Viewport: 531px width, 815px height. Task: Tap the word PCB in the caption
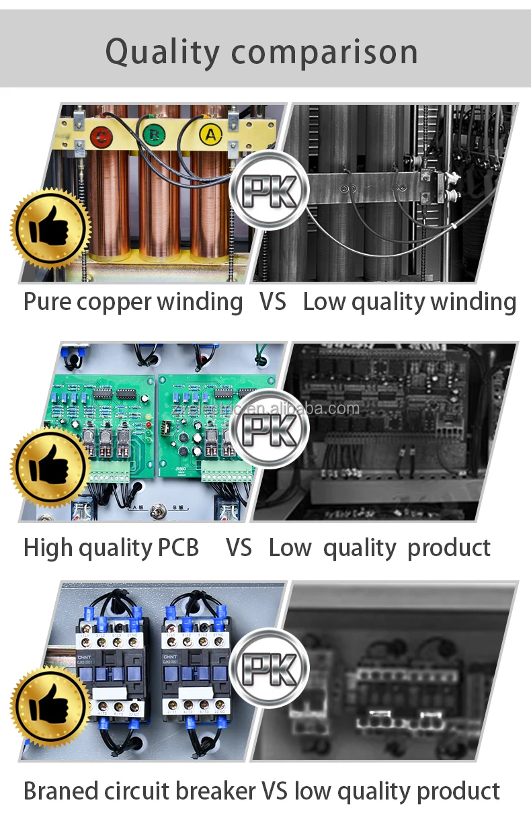coord(177,547)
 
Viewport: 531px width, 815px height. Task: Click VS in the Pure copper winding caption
coord(272,302)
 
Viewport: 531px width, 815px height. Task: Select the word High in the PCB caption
coord(48,547)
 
